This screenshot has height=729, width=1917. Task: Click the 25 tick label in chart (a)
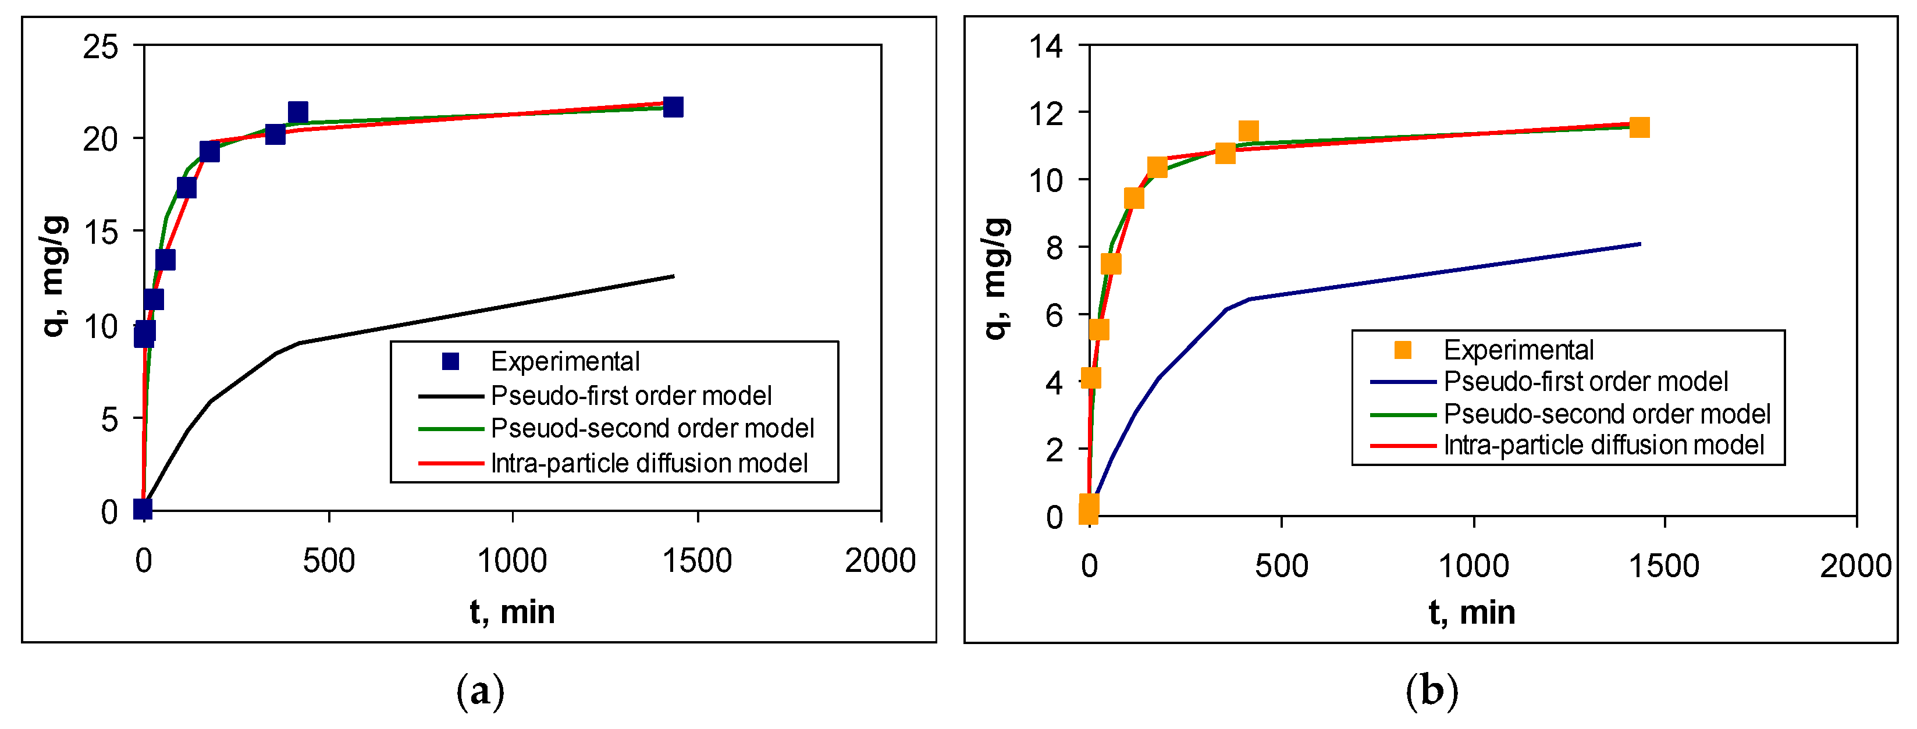pyautogui.click(x=101, y=47)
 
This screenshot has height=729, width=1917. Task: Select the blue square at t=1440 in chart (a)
pyautogui.click(x=673, y=107)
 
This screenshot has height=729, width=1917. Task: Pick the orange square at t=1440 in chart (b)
pyautogui.click(x=1639, y=127)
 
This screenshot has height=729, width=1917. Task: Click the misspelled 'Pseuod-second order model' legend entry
pyautogui.click(x=652, y=428)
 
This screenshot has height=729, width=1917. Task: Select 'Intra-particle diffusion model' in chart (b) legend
pyautogui.click(x=1603, y=445)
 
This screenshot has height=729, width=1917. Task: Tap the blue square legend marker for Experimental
pyautogui.click(x=450, y=361)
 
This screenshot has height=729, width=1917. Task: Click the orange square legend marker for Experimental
pyautogui.click(x=1402, y=350)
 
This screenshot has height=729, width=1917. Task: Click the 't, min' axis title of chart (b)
pyautogui.click(x=1471, y=612)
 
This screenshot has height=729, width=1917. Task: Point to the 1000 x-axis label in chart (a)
pyautogui.click(x=512, y=561)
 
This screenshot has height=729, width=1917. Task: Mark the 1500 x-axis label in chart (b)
pyautogui.click(x=1664, y=566)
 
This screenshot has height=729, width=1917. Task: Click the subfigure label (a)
pyautogui.click(x=480, y=691)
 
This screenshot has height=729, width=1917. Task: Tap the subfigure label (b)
pyautogui.click(x=1431, y=691)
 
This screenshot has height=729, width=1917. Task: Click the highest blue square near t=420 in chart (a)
pyautogui.click(x=298, y=112)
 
